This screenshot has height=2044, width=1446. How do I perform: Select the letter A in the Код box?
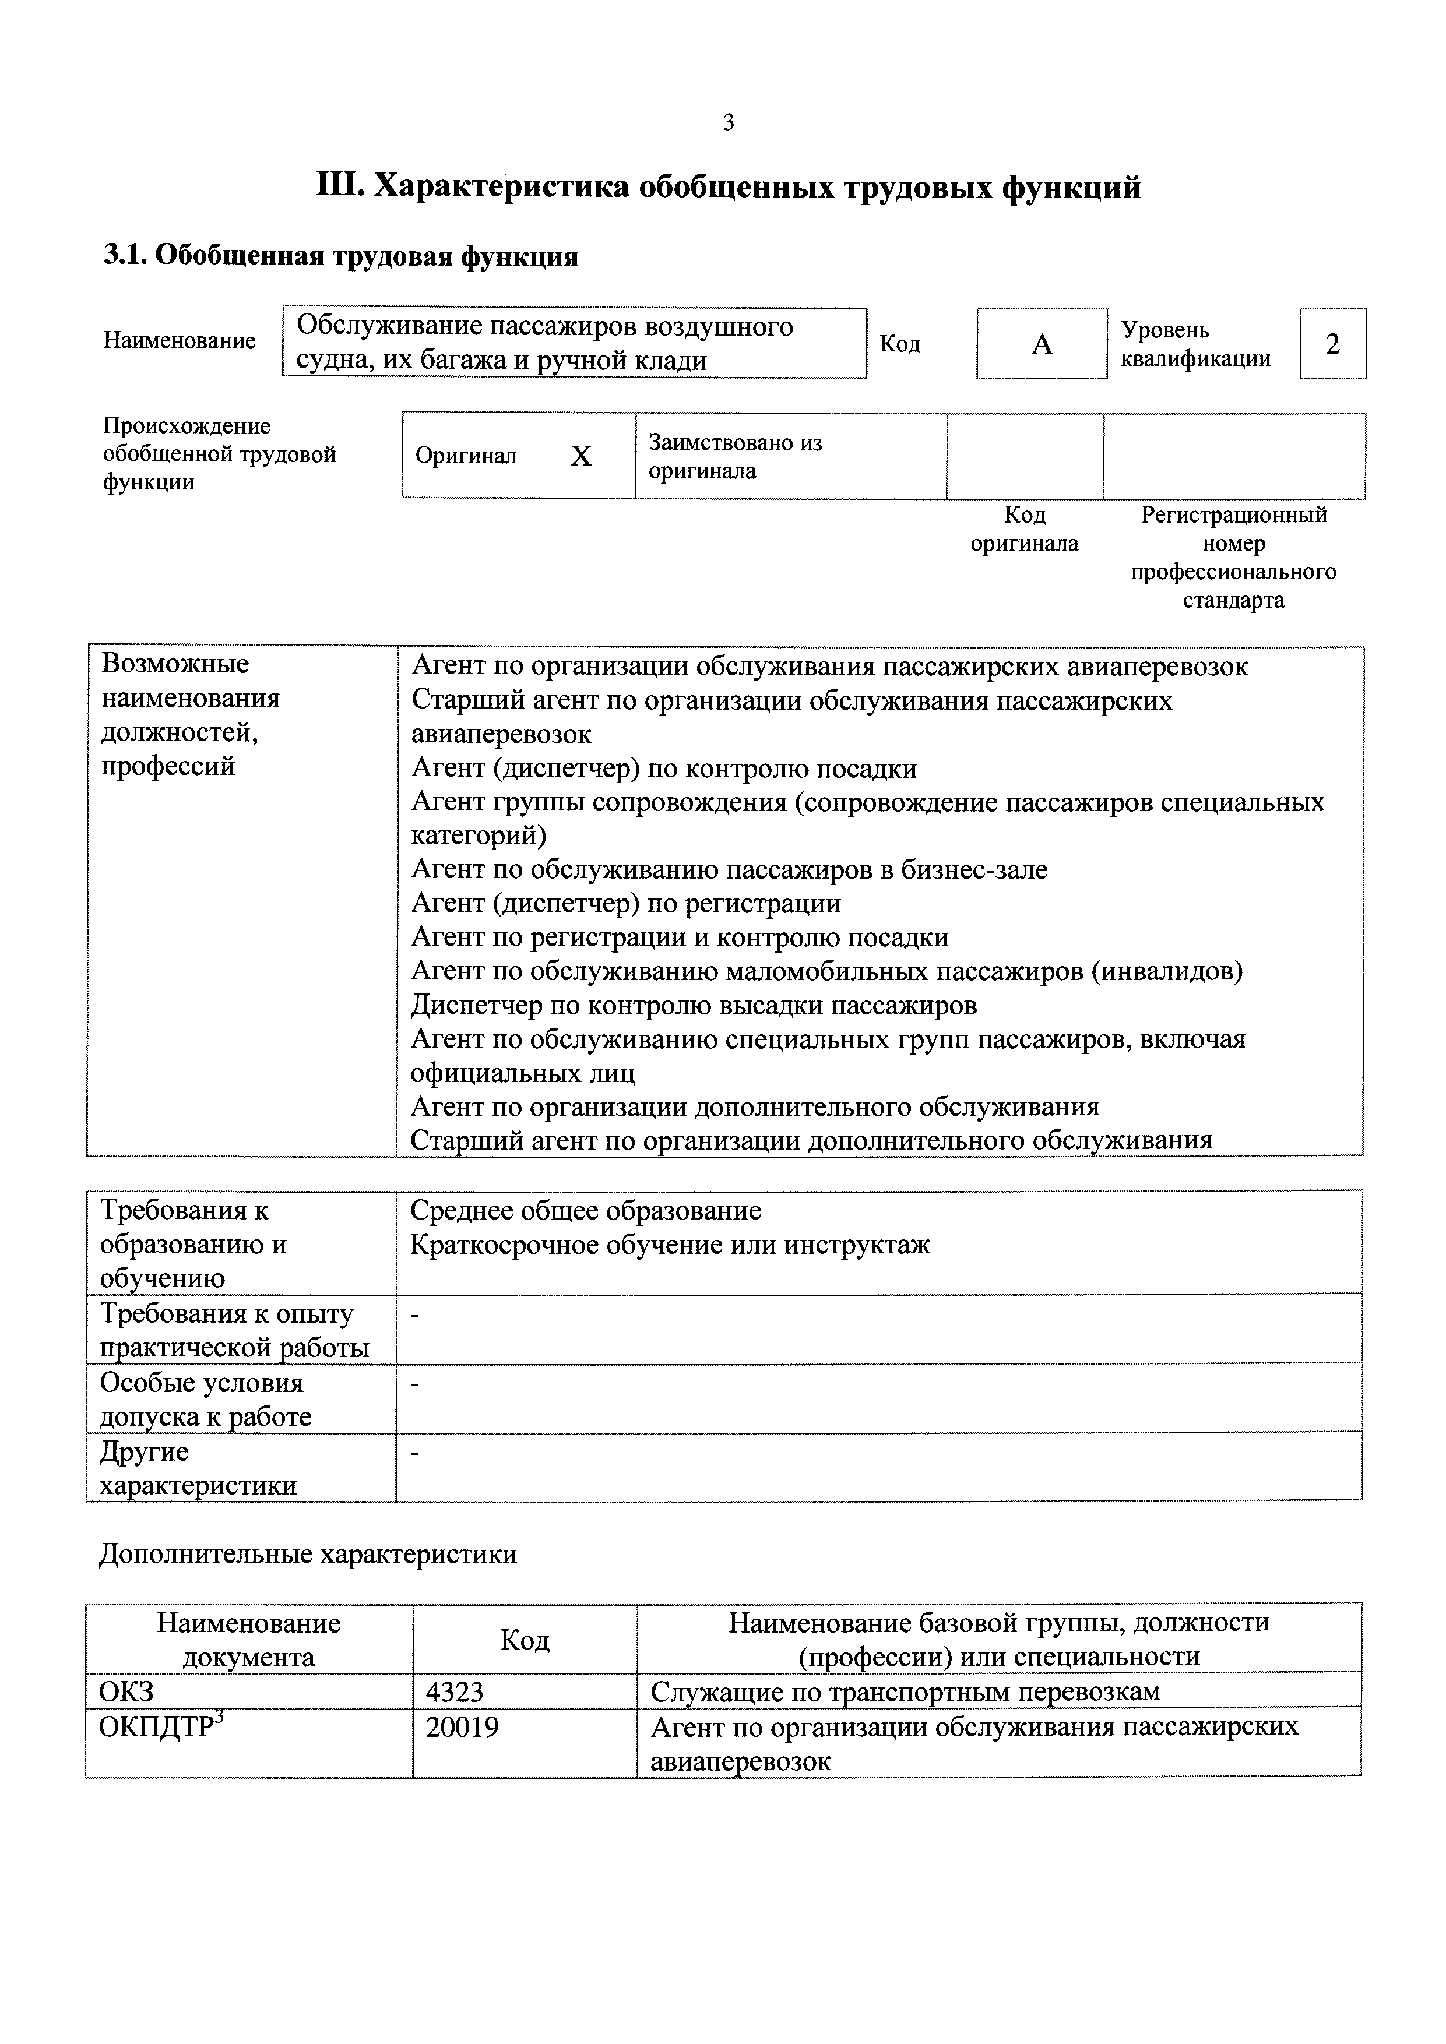[1042, 344]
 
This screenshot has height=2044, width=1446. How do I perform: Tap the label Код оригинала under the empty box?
[1024, 529]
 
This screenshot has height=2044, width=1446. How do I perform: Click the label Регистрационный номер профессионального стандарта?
[1233, 557]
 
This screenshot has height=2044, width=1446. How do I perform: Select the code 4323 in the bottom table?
[454, 1691]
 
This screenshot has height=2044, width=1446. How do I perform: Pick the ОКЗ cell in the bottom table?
[126, 1691]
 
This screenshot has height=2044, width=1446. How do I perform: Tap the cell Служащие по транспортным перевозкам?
[906, 1691]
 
